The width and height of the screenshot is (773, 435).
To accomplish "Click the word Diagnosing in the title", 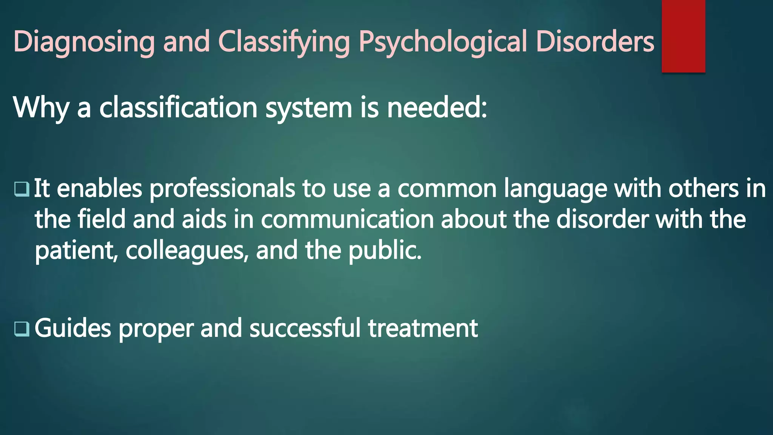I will click(x=84, y=42).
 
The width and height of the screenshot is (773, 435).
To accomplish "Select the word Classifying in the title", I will click(x=284, y=42).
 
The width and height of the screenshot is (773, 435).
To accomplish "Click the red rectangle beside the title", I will click(x=683, y=36).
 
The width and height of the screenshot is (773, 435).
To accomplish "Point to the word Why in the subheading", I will click(x=41, y=108).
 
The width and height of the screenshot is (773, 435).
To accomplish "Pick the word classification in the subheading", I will click(x=178, y=108).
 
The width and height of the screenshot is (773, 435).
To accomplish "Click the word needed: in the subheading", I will click(x=437, y=108).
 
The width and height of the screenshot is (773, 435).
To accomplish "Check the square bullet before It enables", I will click(x=22, y=189).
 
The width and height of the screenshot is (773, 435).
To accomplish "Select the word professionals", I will click(x=222, y=189).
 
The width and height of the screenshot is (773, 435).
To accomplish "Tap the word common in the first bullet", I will click(x=447, y=189).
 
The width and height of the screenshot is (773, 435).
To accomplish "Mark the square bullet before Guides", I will click(x=22, y=329).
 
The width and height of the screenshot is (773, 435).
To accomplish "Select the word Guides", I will click(x=73, y=328).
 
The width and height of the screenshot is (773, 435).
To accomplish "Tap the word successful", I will click(x=305, y=328).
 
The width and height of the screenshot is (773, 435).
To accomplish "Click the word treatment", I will click(x=423, y=328).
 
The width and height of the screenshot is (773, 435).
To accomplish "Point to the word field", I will click(x=102, y=220).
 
